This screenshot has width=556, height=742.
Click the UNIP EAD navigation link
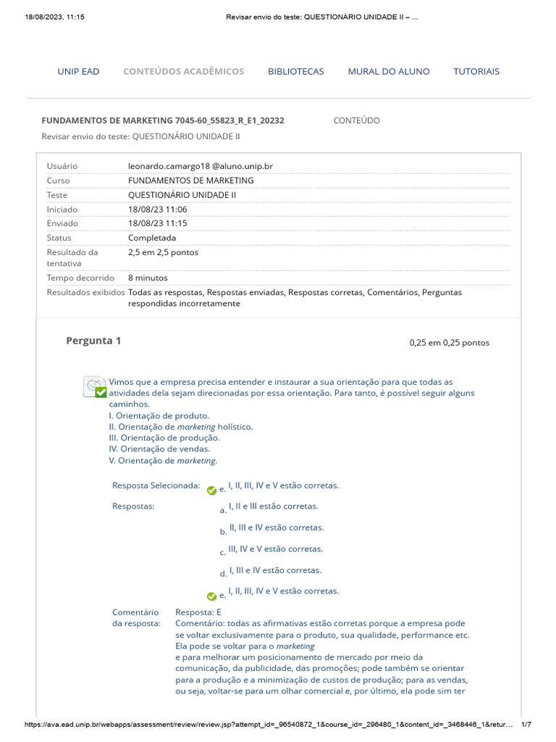(78, 71)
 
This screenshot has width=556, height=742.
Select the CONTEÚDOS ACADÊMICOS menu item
(183, 71)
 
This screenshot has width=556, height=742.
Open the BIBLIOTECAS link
(295, 71)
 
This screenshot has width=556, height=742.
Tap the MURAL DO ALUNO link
(388, 71)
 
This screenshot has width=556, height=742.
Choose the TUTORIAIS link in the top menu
(476, 71)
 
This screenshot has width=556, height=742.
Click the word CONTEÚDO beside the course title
(356, 120)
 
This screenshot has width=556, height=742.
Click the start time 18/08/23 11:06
(157, 209)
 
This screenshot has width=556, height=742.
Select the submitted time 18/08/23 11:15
(157, 223)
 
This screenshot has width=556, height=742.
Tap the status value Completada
(151, 238)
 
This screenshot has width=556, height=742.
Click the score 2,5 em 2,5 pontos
(163, 252)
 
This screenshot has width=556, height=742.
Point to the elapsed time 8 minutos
(147, 278)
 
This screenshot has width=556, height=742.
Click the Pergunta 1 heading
(93, 341)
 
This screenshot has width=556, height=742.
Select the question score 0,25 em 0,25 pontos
(449, 343)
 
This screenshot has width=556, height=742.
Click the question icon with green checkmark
(95, 386)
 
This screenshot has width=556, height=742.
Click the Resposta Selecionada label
(156, 485)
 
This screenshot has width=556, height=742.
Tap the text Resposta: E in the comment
(198, 612)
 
